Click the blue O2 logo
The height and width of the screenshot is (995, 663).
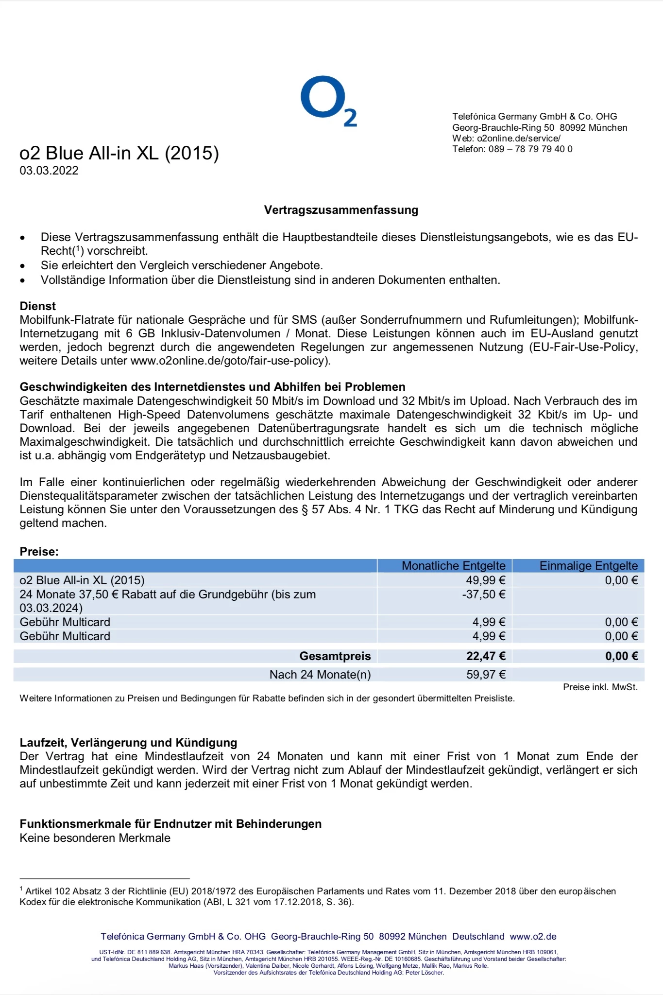tap(328, 101)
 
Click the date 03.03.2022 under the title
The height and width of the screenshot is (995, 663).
tap(49, 171)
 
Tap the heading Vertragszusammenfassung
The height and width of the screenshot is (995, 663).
tap(341, 210)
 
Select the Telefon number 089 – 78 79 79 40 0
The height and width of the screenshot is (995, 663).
tap(530, 149)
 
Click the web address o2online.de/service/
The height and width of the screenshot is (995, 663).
tap(519, 139)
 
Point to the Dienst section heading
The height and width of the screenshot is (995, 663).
tap(38, 306)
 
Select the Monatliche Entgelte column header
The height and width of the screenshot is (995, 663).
tap(453, 566)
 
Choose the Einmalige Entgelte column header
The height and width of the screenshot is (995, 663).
tap(588, 566)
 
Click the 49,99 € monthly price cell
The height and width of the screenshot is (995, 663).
tap(486, 580)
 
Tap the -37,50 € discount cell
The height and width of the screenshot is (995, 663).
tap(484, 594)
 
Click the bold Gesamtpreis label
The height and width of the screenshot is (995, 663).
tap(335, 656)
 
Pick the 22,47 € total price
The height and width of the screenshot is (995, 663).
tap(486, 656)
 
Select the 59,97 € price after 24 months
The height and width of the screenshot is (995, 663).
tap(486, 675)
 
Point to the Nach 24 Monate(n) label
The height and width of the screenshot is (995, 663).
tap(320, 675)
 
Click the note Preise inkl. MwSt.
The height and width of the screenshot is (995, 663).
tap(600, 687)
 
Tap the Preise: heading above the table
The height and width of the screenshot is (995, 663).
tap(39, 552)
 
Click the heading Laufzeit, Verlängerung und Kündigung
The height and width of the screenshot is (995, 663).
tap(128, 743)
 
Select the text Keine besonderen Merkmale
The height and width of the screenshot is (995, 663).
tap(95, 838)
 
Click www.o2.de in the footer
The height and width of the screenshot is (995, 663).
tap(533, 937)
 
